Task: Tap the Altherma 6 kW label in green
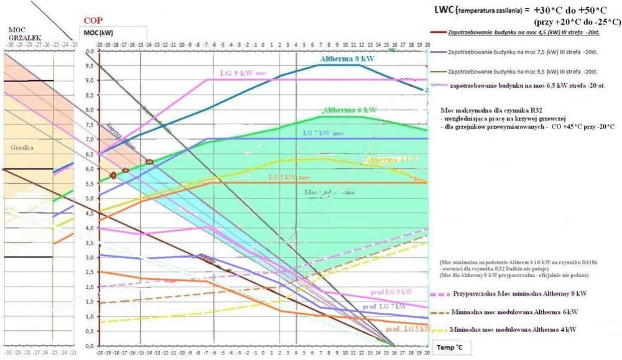tap(347, 110)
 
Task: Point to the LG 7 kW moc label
tap(323, 133)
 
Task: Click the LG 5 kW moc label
tap(289, 177)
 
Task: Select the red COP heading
tap(93, 21)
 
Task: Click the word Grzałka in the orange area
tap(21, 147)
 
